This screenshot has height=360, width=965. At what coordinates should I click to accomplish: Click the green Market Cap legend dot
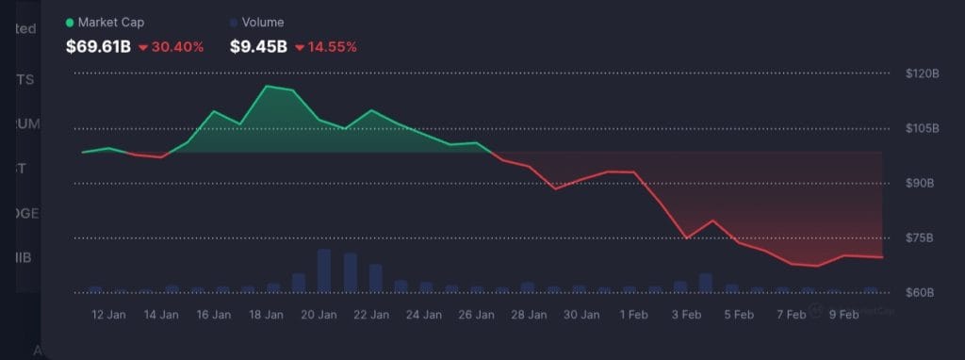[x=70, y=23]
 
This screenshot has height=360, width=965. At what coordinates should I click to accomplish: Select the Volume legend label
[x=263, y=23]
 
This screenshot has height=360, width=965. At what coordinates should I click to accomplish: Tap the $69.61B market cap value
[x=97, y=46]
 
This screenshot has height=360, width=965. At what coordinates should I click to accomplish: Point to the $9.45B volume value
[x=257, y=46]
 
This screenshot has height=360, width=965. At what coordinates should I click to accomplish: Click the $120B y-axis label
[x=922, y=74]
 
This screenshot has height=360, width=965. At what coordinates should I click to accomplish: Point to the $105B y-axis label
[x=922, y=128]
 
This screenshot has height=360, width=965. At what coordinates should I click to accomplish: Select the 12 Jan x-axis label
[x=110, y=314]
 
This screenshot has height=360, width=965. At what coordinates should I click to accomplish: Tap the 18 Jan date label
[x=268, y=314]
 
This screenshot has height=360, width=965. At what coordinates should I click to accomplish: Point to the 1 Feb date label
[x=634, y=314]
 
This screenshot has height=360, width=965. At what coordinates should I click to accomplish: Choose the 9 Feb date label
[x=842, y=314]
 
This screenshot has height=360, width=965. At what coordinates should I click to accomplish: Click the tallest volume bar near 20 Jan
[x=324, y=271]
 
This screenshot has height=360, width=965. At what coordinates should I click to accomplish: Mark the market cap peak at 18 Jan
[x=267, y=87]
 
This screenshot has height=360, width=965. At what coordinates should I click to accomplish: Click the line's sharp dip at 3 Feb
[x=687, y=238]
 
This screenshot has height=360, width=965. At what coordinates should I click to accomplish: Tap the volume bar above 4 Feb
[x=706, y=284]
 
